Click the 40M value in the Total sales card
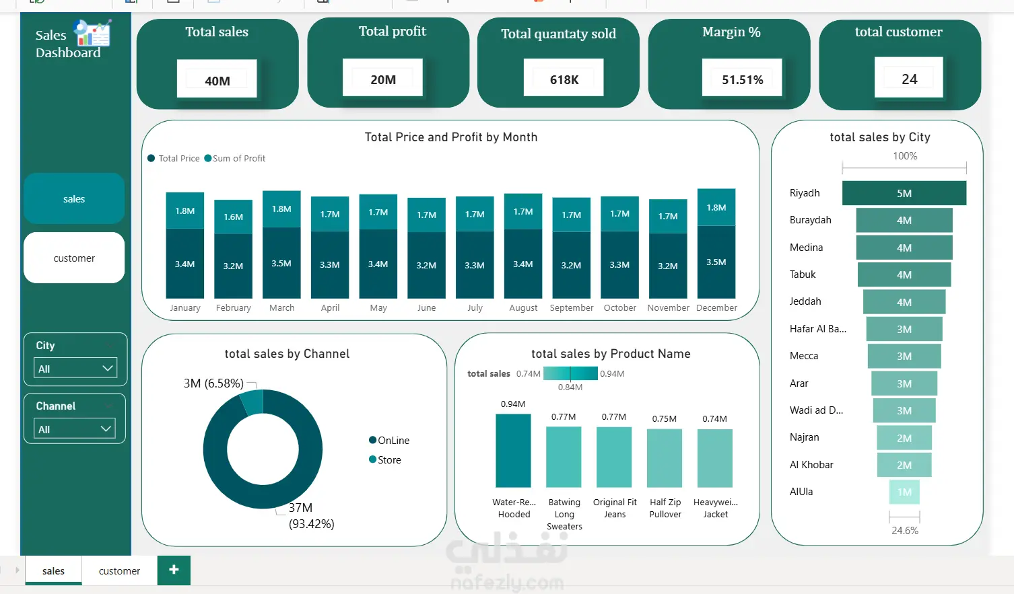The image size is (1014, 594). point(217,81)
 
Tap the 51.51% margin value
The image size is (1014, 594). point(743,80)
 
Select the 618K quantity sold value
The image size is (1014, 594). point(564,80)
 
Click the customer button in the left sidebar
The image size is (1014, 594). point(74,258)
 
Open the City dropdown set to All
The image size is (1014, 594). point(75,368)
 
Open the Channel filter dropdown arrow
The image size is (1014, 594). point(106,429)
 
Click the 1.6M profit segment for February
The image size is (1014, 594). point(233,217)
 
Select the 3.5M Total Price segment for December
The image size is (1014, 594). point(716,262)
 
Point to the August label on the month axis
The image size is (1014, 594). point(523,307)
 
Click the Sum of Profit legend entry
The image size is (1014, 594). point(235,158)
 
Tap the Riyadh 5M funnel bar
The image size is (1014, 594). point(904,193)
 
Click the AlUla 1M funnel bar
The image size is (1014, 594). point(904,492)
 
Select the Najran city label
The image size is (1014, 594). point(805,437)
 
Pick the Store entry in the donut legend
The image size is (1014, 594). point(385,459)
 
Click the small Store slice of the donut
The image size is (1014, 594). point(252,402)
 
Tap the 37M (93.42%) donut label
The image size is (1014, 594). point(312,516)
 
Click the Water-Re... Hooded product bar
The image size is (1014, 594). point(513,451)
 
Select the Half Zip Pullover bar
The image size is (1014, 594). point(665,458)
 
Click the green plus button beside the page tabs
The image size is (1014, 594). point(174,570)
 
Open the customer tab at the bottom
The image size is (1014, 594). point(119,571)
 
